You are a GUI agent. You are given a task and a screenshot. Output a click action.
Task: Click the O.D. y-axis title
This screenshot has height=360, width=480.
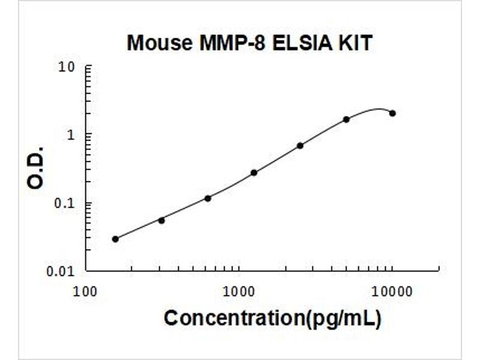(36, 167)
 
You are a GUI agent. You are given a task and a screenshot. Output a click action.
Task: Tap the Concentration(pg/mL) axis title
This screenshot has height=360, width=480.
(272, 319)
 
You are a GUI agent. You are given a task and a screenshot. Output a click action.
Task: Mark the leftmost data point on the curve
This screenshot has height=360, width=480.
(115, 239)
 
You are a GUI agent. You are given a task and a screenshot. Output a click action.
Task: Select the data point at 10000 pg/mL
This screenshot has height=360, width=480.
(392, 113)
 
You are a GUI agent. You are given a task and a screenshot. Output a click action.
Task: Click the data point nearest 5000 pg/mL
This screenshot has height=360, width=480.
(346, 119)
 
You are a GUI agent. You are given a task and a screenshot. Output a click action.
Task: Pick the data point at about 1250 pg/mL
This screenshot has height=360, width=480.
(254, 172)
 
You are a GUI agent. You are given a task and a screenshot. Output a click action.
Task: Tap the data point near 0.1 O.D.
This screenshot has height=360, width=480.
(208, 198)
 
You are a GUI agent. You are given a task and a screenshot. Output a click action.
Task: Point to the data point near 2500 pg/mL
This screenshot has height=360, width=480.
(300, 145)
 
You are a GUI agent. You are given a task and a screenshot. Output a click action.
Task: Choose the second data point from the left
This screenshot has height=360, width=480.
(161, 220)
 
